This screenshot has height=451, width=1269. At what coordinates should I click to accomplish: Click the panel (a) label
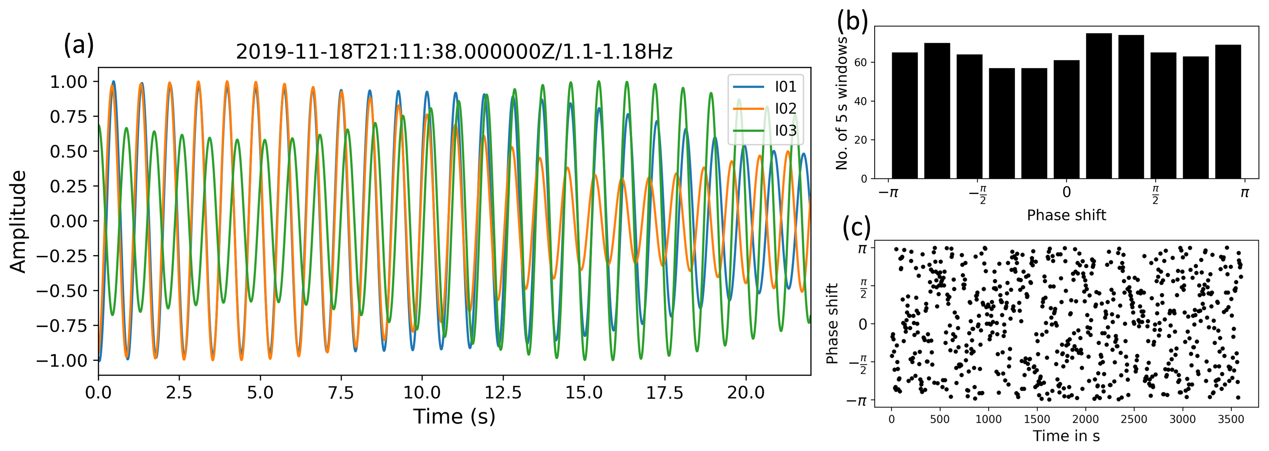point(78,45)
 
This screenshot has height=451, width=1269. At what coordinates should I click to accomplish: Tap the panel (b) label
point(852,21)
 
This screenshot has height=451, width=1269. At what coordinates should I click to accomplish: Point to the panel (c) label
point(856,227)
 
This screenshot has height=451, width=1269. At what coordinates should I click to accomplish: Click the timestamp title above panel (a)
point(454,52)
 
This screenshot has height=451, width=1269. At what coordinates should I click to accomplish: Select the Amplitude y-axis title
point(18,221)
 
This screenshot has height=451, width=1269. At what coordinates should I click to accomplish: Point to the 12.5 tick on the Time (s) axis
point(502,393)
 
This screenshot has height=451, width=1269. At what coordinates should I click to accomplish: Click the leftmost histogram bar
point(905,115)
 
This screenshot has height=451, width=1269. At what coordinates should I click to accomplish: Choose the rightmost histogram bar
point(1228,112)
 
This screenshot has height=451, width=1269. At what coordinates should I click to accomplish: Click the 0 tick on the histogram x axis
point(1066,192)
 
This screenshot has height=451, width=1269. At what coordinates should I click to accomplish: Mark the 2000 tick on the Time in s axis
point(1085,419)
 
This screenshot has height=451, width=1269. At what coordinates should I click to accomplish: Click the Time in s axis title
point(1066,436)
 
